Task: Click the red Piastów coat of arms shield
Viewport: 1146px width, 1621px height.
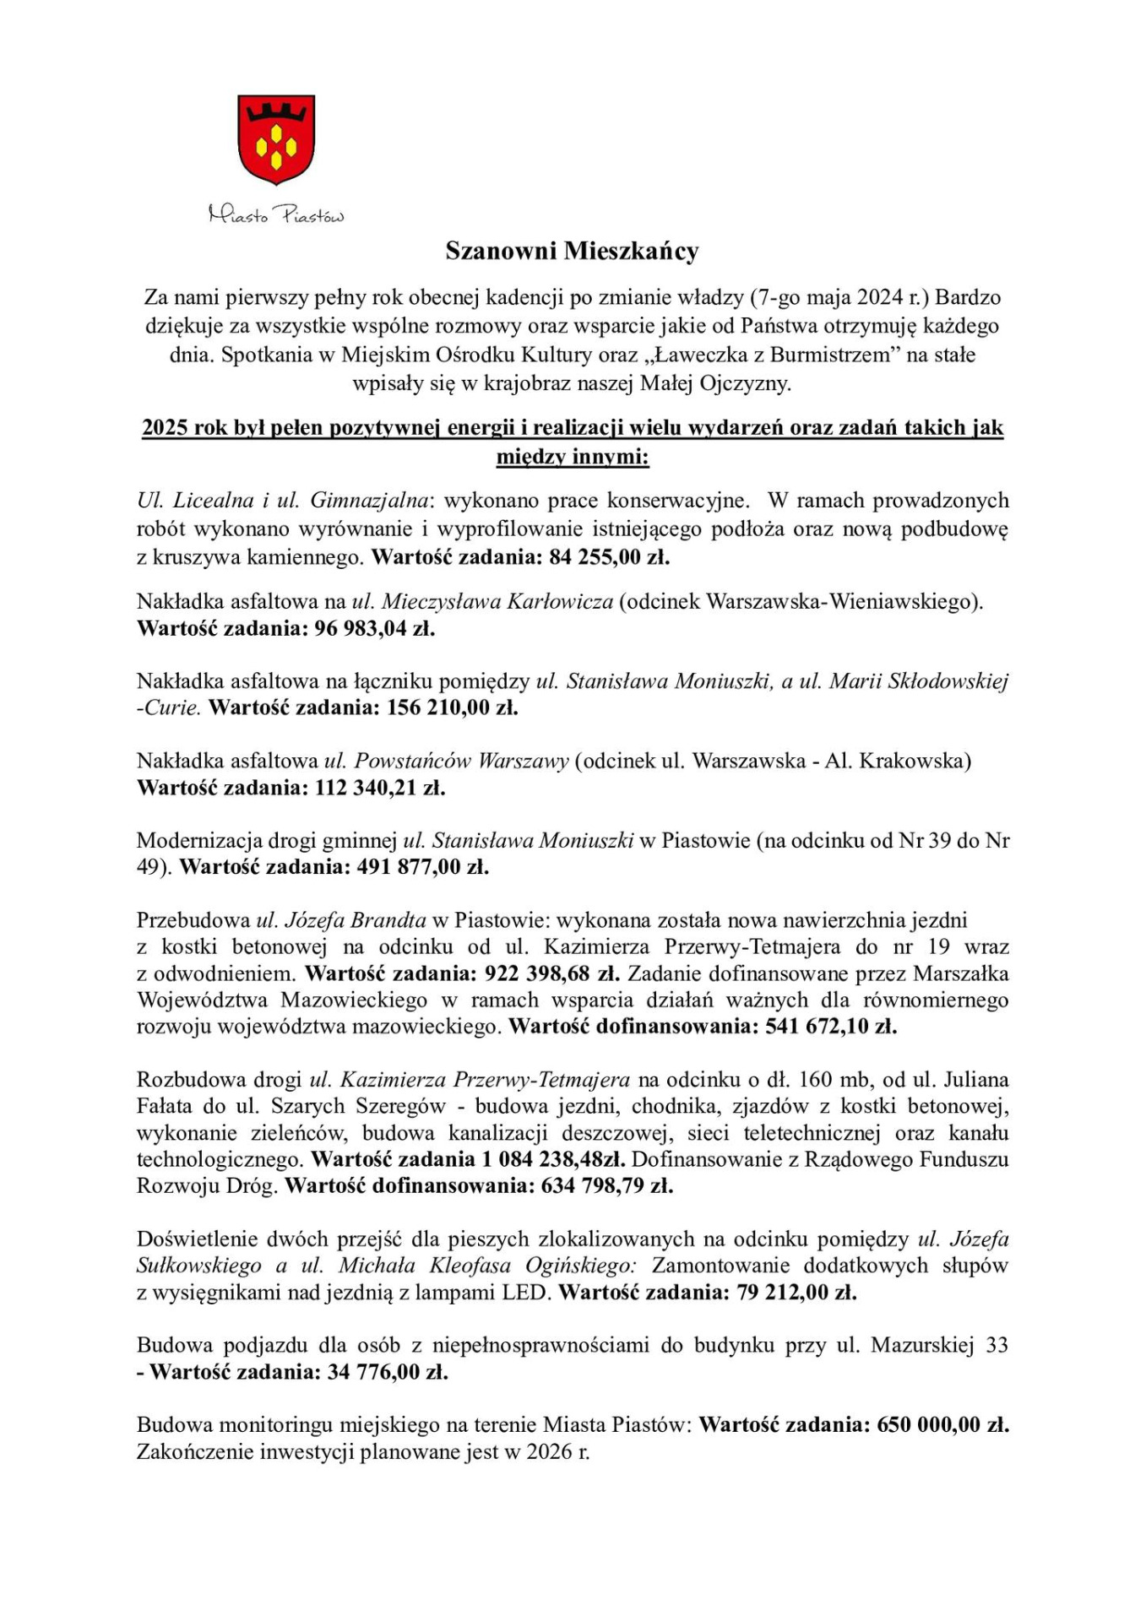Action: (x=276, y=139)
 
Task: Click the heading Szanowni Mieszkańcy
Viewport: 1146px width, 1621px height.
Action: (x=572, y=251)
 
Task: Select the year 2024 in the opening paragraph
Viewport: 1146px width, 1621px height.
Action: (x=881, y=297)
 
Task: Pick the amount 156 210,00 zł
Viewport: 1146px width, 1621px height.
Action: (x=452, y=707)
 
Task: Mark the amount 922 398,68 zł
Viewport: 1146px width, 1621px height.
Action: (x=552, y=973)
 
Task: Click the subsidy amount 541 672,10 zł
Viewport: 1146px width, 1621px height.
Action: (x=831, y=1027)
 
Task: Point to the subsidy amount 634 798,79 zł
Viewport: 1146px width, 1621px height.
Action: (x=607, y=1186)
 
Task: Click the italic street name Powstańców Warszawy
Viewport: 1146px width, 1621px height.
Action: (x=461, y=761)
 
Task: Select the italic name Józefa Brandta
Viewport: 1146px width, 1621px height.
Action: (x=354, y=920)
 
